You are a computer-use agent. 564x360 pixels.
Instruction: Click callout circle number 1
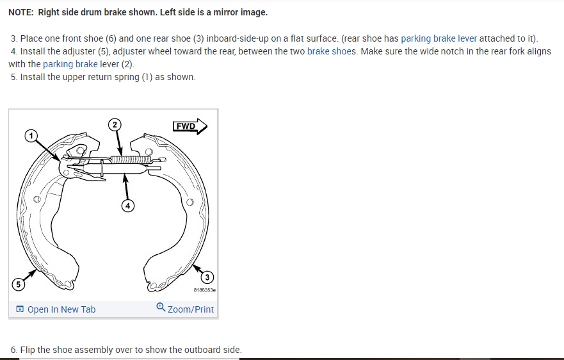point(29,135)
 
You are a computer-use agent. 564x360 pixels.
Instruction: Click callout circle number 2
point(114,124)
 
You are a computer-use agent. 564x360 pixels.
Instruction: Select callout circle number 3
point(207,277)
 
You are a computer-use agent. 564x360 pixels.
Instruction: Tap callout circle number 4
point(128,206)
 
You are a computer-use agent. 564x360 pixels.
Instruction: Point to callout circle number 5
point(18,284)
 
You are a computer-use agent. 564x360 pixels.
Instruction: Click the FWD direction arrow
point(190,126)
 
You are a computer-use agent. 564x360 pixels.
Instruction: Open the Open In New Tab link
point(61,309)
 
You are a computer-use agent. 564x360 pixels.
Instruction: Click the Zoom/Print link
point(191,309)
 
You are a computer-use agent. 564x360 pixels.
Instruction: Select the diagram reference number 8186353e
point(204,290)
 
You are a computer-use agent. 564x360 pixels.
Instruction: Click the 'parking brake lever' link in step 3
point(439,38)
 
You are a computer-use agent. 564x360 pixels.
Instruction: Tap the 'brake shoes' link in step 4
point(332,51)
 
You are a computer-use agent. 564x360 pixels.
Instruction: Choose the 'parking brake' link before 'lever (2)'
point(70,64)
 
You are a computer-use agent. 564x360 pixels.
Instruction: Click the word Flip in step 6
point(28,350)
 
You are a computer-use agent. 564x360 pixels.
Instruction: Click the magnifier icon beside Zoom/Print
point(161,308)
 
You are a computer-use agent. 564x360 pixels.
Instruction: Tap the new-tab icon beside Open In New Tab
point(20,309)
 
